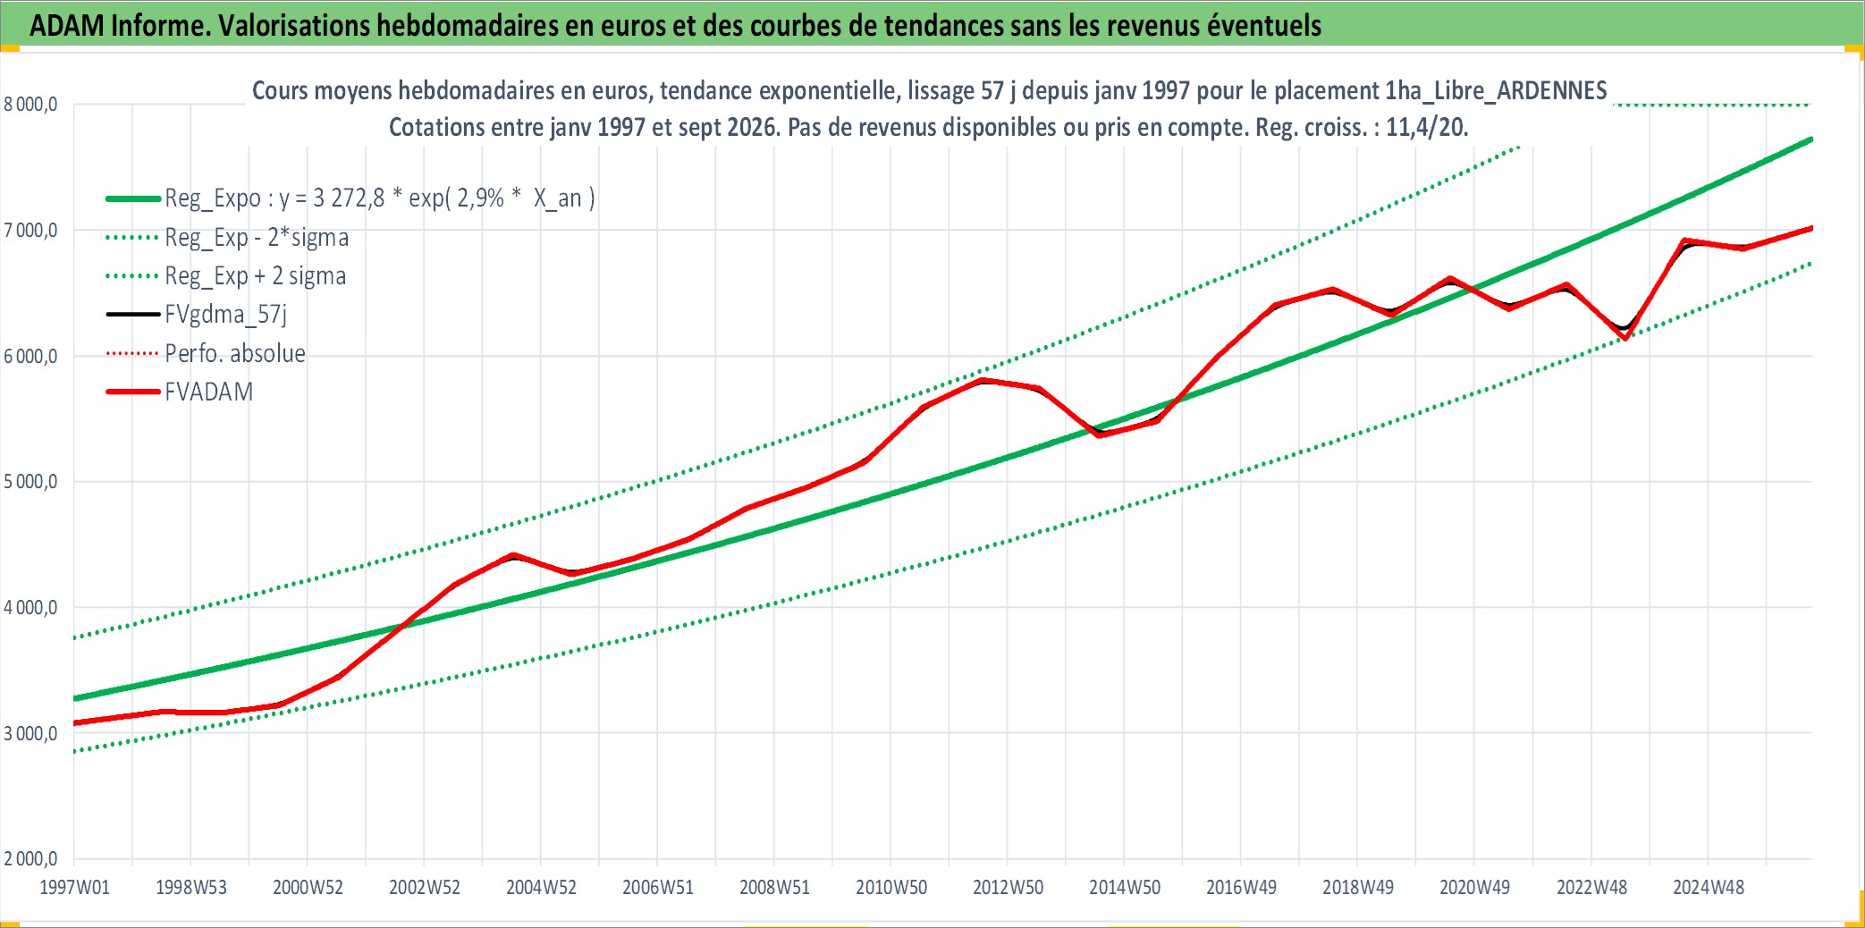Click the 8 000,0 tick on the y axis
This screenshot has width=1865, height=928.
tap(30, 105)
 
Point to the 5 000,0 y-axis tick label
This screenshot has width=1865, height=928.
tap(30, 482)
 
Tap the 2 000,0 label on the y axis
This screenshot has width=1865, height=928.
tap(30, 859)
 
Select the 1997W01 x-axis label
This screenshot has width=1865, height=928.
tap(74, 888)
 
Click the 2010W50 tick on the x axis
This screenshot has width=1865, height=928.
tap(891, 888)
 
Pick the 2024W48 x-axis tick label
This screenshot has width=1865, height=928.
tap(1709, 888)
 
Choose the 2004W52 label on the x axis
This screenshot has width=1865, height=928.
tap(541, 888)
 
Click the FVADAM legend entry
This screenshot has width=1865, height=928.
tap(180, 392)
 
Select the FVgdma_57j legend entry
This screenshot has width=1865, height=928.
tap(197, 315)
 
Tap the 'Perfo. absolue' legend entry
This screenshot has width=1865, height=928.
tap(206, 353)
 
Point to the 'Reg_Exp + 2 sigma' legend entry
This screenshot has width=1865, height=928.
tap(226, 276)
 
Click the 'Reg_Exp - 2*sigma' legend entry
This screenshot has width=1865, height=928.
tap(227, 238)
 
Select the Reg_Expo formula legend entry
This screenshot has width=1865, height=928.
tap(350, 198)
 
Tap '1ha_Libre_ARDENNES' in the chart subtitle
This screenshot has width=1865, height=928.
tap(1496, 90)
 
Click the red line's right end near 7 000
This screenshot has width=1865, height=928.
tap(1811, 228)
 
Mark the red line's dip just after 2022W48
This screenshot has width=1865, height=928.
tap(1625, 339)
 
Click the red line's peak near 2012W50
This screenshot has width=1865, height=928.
tap(983, 380)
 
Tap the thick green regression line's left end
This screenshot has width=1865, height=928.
tap(74, 698)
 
